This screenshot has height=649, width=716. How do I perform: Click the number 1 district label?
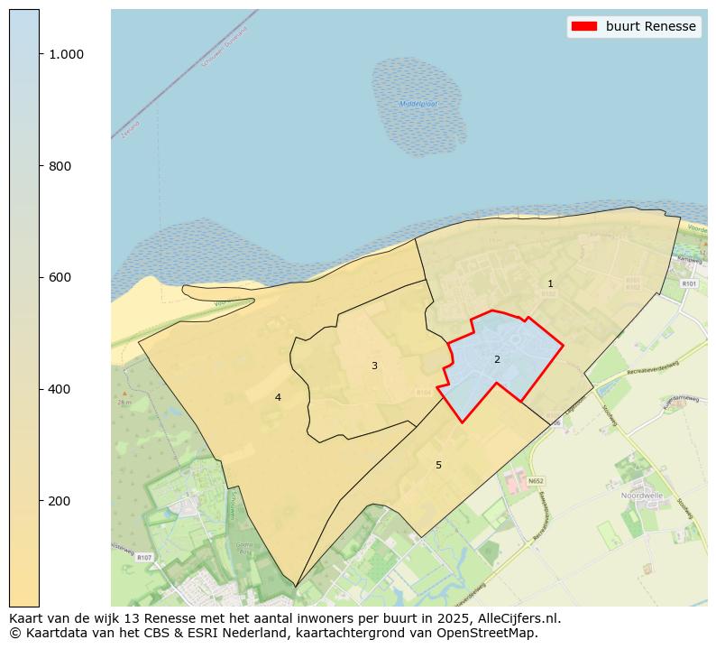tap(550, 284)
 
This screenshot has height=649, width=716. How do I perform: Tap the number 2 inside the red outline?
tap(497, 359)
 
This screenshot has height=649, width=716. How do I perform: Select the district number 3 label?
tap(374, 366)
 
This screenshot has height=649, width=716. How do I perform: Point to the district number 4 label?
tap(278, 397)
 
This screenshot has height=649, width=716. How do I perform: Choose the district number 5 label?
tap(439, 465)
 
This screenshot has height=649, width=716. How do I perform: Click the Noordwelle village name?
tap(642, 496)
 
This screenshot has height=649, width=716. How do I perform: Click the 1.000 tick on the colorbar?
tap(66, 54)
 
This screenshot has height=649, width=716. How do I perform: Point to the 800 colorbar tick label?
tap(60, 166)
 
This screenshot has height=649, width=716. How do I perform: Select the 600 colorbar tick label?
tap(60, 277)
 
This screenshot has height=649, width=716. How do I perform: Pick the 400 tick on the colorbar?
tap(60, 389)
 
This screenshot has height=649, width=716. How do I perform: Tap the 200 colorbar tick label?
tap(60, 501)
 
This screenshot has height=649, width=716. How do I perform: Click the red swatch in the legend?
tap(583, 26)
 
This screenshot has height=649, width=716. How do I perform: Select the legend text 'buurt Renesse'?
tap(650, 26)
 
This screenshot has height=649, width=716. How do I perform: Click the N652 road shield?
tap(536, 481)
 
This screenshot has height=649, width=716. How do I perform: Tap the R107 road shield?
tap(143, 558)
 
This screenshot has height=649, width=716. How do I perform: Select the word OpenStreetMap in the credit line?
tap(491, 633)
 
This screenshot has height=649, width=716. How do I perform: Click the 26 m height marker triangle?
tap(124, 394)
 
